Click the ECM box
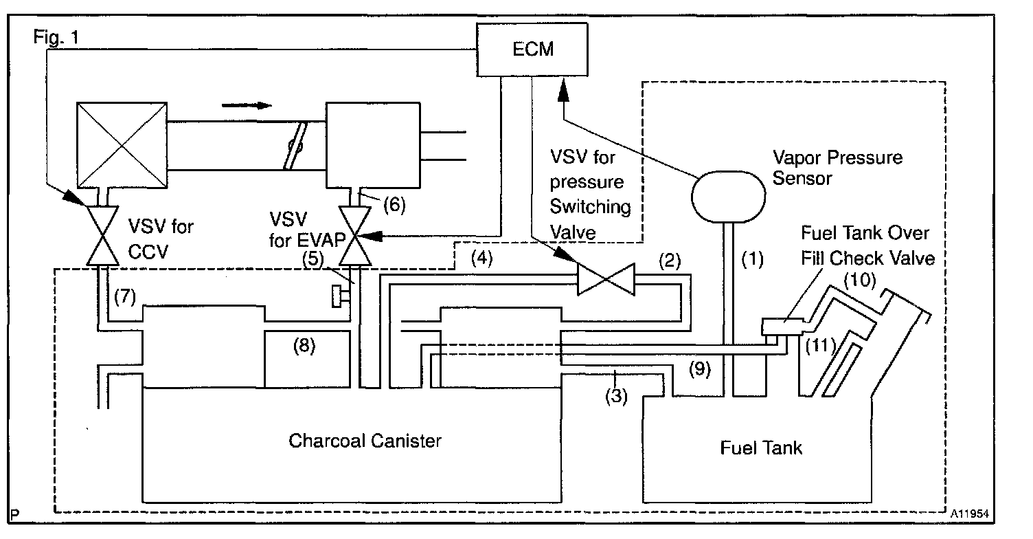[532, 49]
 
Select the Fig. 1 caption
[56, 37]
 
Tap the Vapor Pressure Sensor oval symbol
[729, 197]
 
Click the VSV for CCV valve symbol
[102, 236]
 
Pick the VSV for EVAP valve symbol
[355, 236]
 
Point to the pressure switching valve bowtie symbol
[606, 279]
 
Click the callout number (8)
[304, 346]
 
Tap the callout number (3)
[617, 397]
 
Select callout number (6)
[394, 205]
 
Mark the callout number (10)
[860, 280]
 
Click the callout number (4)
[482, 258]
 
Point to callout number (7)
[125, 297]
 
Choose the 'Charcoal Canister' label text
[365, 441]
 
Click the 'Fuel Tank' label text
[761, 448]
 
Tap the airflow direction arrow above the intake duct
[247, 105]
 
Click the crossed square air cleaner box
[122, 145]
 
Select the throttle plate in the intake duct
[295, 146]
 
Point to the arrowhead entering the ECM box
[563, 90]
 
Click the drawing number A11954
[969, 514]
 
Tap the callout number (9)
[700, 368]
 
